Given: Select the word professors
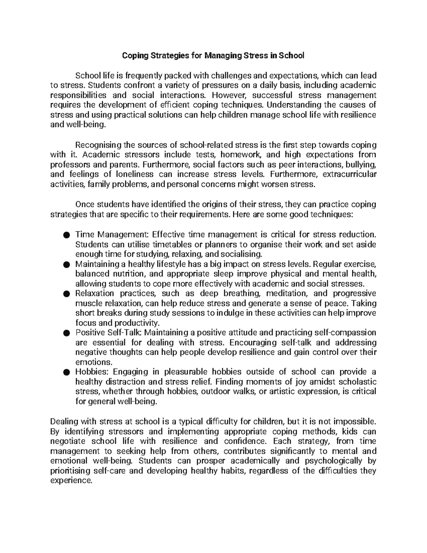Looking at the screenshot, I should tap(71, 165).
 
